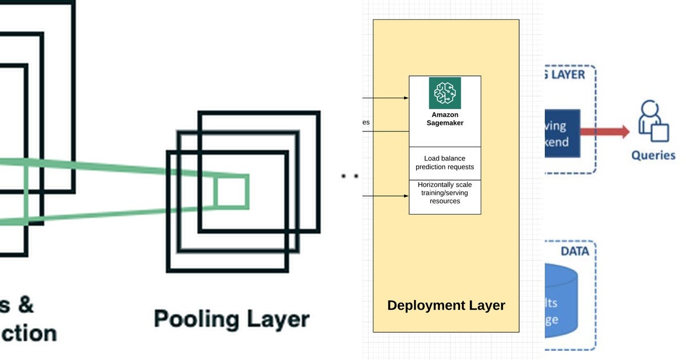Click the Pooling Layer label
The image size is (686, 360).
pyautogui.click(x=232, y=319)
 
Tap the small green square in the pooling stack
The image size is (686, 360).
pyautogui.click(x=232, y=191)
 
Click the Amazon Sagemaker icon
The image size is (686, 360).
pyautogui.click(x=445, y=93)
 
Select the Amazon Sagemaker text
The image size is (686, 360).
pyautogui.click(x=445, y=119)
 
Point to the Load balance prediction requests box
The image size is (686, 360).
pyautogui.click(x=445, y=163)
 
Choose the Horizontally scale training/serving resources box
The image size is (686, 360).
pyautogui.click(x=445, y=193)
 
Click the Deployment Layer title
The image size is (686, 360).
pyautogui.click(x=446, y=305)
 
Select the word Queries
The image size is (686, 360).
pyautogui.click(x=653, y=155)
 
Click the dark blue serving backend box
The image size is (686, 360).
pyautogui.click(x=563, y=133)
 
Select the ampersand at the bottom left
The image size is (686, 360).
pyautogui.click(x=24, y=305)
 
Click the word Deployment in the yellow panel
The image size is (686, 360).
pyautogui.click(x=422, y=305)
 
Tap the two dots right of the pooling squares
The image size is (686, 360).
pyautogui.click(x=350, y=176)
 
